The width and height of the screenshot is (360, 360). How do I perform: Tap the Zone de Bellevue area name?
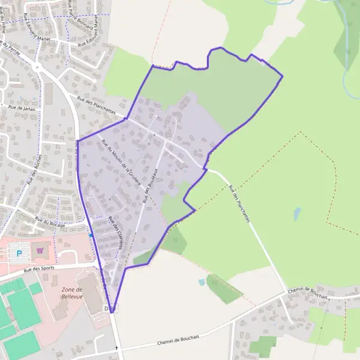71,293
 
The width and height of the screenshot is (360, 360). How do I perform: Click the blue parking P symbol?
19,254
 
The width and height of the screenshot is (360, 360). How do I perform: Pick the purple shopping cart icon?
40,251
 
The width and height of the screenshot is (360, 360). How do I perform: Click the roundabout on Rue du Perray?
37,68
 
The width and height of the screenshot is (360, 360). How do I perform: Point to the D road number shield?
109,308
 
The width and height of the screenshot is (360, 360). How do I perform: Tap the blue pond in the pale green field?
297,214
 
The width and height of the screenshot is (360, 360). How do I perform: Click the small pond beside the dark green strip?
202,282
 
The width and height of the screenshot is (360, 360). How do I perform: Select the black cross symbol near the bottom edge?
116,348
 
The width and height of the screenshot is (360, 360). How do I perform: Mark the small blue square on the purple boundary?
91,236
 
